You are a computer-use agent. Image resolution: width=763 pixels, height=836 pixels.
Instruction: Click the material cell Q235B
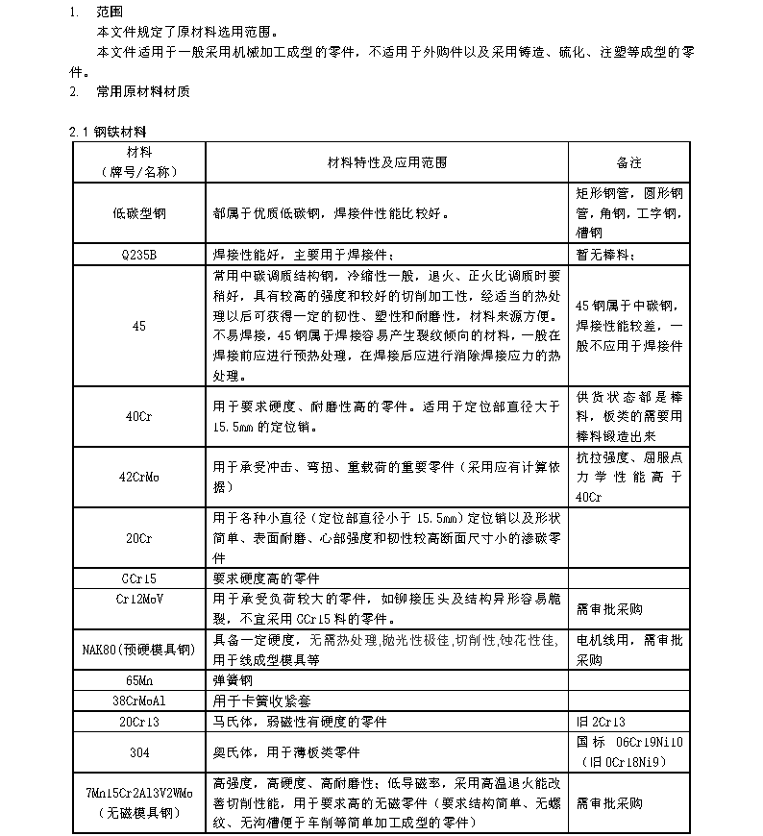pos(139,256)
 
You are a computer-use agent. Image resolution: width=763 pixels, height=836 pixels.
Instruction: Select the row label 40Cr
pos(139,416)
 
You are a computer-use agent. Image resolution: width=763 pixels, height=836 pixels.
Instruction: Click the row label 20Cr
pos(139,538)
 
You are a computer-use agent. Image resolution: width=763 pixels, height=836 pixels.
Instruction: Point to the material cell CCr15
pos(139,579)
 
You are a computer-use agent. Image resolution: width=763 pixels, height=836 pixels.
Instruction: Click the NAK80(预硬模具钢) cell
pos(139,651)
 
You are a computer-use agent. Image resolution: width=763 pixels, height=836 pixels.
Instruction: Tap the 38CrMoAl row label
pos(139,700)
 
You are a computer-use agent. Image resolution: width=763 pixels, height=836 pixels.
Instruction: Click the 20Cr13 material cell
pos(139,720)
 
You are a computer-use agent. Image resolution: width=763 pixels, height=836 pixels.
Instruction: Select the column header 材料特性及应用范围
pos(387,162)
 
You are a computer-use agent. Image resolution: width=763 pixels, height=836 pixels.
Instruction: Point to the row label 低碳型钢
pos(139,213)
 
